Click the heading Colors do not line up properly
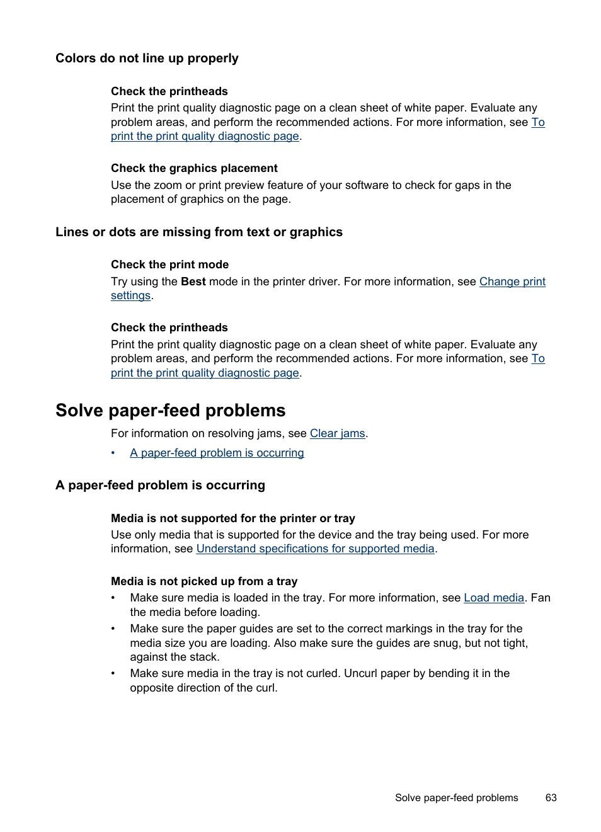coord(147,59)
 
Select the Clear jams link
coord(337,433)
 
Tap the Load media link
coord(493,598)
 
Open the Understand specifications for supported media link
coord(315,549)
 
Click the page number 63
coord(551,797)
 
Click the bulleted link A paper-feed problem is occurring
coord(217,453)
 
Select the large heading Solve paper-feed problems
coord(170,411)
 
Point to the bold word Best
coord(193,282)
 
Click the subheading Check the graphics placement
coord(194,168)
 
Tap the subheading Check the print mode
coord(169,265)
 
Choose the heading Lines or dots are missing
coord(198,232)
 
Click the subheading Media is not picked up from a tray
coord(203,581)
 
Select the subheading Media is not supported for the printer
coord(232,518)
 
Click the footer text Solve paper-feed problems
coord(456,797)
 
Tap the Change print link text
coord(512,282)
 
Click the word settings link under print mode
coord(130,295)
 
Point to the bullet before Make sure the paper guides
coord(113,629)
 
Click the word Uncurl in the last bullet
coord(360,673)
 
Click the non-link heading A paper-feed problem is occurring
coord(160,486)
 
